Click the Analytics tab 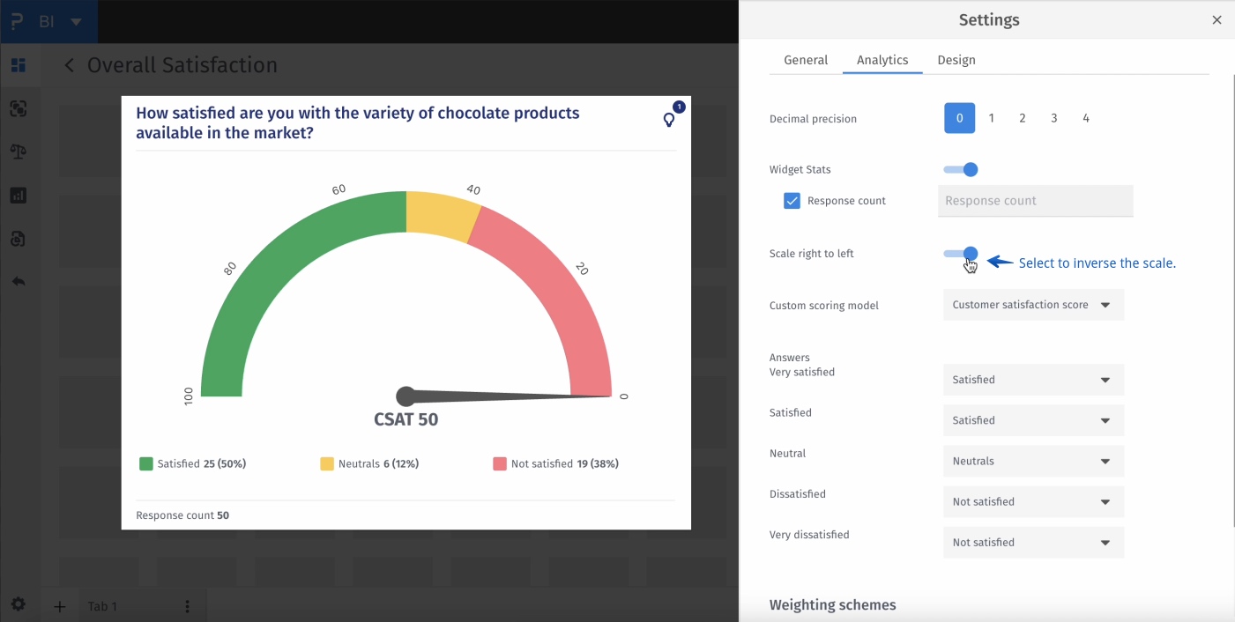point(882,60)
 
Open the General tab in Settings point(806,60)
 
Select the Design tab point(956,60)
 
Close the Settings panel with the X point(1216,20)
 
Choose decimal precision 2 point(1023,118)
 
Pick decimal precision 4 point(1086,118)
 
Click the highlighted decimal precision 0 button point(959,118)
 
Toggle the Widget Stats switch point(961,169)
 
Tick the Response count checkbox point(792,201)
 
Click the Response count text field point(1035,201)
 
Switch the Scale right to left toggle point(961,254)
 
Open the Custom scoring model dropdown point(1033,305)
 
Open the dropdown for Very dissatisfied point(1033,543)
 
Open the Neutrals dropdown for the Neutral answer point(1033,462)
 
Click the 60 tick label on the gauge point(339,189)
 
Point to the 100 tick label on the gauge point(188,396)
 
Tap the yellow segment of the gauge point(441,216)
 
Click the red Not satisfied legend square point(500,463)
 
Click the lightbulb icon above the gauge point(670,120)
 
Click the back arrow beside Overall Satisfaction point(70,65)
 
